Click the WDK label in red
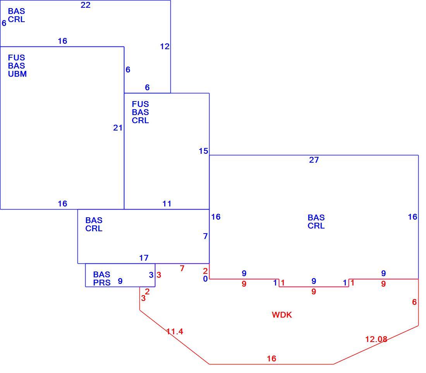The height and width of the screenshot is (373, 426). pos(282,315)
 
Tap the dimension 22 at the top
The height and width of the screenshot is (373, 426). pos(86,5)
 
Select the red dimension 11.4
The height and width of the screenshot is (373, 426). pos(175,332)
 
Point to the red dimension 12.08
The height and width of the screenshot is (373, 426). pos(376,339)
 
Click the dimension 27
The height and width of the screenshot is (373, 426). pos(314,160)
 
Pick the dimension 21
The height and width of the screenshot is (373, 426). pos(118,128)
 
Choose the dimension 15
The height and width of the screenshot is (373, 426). pos(203,151)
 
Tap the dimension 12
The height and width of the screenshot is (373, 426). pos(165,46)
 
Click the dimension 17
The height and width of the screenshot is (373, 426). pos(144,258)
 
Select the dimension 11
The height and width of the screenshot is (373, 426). pos(167,204)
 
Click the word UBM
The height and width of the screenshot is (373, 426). pos(17,74)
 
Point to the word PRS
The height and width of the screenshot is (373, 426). pos(102,282)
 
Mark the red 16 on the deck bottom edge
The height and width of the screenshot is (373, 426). pos(271,359)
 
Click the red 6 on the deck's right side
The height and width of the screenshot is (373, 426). pos(414,302)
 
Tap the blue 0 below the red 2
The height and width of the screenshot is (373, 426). pos(205,279)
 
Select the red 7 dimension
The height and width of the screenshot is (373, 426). pos(182,268)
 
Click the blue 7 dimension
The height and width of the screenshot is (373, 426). pos(205,236)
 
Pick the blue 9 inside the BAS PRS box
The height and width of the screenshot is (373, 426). pos(120,281)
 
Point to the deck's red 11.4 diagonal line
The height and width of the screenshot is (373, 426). pos(174,337)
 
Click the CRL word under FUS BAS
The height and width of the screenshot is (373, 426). pos(140,120)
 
